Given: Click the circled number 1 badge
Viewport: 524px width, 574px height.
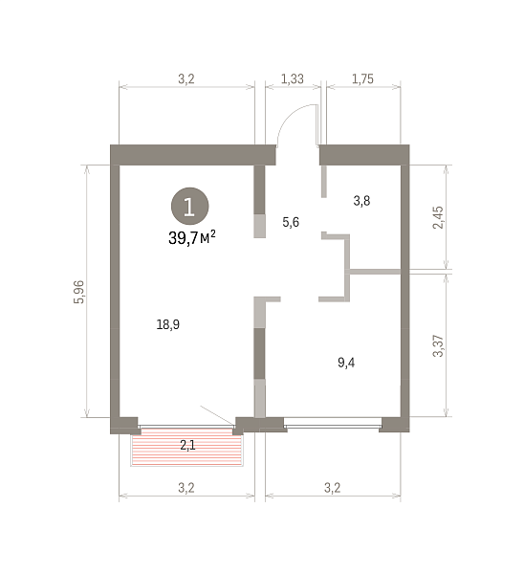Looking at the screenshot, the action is click(x=190, y=206).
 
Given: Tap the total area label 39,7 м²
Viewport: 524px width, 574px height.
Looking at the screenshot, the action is click(x=192, y=238).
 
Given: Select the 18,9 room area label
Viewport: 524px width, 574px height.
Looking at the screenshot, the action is click(x=168, y=324).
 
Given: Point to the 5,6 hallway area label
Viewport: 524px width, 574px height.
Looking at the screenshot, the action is click(x=291, y=222).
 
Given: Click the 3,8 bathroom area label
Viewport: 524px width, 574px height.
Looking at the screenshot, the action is click(x=361, y=201).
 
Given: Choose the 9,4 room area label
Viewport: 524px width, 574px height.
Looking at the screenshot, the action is click(x=346, y=363).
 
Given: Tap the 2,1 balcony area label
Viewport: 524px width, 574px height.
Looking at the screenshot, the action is click(x=187, y=445).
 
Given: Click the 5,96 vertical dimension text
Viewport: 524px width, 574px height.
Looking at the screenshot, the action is click(x=79, y=292).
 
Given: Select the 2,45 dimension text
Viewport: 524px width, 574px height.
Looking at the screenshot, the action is click(x=438, y=217).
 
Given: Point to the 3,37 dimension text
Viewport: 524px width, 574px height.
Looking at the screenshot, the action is click(x=438, y=346).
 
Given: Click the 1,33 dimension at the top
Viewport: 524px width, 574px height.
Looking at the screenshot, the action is click(x=292, y=78).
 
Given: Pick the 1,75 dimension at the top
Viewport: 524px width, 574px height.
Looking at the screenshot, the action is click(x=362, y=78).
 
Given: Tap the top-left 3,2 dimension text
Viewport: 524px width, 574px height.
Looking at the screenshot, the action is click(x=186, y=78).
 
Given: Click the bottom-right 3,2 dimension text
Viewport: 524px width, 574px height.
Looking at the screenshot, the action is click(x=332, y=488).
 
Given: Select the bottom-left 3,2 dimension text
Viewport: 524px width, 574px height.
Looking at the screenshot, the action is click(x=186, y=488).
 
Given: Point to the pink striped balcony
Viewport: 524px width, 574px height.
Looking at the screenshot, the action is click(x=187, y=448).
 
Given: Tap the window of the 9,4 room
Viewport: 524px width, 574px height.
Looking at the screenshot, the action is click(x=333, y=427).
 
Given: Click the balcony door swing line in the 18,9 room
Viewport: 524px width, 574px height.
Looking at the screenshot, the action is click(x=217, y=415).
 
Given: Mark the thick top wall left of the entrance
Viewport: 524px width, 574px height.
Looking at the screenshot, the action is click(x=193, y=155).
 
